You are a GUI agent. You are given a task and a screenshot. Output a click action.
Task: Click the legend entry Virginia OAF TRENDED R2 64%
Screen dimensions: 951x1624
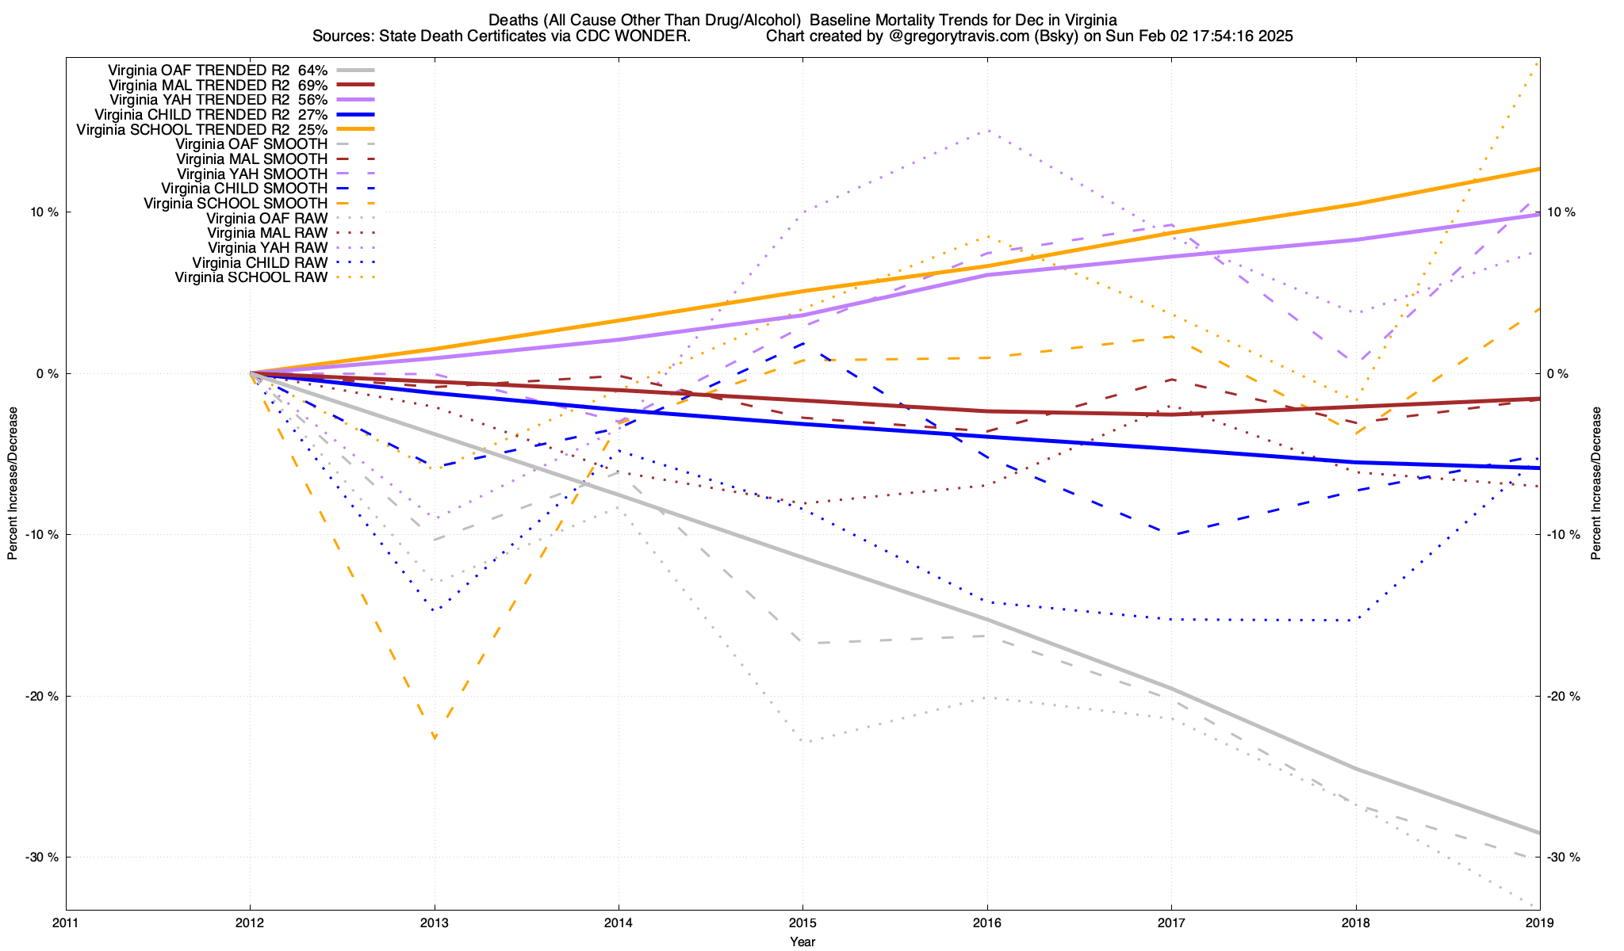click(218, 70)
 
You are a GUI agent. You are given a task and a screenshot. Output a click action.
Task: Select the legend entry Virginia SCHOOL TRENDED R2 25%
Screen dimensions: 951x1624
click(201, 129)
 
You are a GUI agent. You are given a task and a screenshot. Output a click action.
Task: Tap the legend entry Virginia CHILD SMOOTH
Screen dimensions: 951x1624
click(244, 189)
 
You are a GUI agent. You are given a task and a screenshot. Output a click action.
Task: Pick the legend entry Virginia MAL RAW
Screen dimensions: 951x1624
click(267, 233)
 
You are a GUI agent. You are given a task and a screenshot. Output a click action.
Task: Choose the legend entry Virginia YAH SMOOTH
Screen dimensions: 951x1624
click(252, 174)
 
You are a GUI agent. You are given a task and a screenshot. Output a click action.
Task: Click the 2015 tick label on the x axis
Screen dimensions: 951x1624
click(802, 922)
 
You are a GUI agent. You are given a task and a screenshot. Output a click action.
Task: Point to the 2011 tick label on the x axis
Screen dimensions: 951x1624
click(66, 922)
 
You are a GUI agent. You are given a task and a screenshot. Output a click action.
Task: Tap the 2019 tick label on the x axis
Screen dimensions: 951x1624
click(1539, 922)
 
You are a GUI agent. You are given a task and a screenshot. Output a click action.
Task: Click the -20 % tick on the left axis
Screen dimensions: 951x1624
click(44, 696)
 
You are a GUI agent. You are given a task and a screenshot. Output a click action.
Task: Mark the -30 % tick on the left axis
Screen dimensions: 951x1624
click(44, 857)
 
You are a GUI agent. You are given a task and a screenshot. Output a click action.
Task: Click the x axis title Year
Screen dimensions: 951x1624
click(802, 941)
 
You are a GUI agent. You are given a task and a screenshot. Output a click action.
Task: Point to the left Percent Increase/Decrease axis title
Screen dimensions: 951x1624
click(13, 483)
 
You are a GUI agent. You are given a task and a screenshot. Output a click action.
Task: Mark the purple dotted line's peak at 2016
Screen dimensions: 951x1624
click(986, 131)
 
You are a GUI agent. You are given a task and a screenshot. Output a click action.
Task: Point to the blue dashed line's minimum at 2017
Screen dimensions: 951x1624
click(1171, 535)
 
